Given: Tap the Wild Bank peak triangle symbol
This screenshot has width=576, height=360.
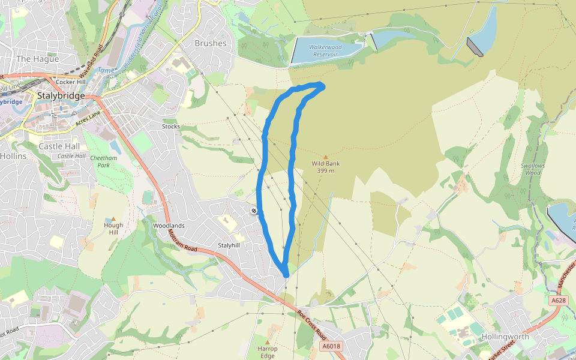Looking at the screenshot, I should coord(326,157).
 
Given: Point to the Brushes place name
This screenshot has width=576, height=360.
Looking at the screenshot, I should coord(211,43).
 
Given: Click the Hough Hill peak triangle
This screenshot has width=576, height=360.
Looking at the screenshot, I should coord(113,219).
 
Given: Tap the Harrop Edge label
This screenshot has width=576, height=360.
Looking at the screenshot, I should coord(268,352).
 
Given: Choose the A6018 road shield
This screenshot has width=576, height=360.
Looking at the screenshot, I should coord(331,346).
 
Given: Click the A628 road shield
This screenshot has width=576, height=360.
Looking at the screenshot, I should coord(557,300).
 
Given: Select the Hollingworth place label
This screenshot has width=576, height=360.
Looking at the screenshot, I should coord(505,337).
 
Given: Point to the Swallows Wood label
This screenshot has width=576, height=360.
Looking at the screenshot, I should coord(533,169).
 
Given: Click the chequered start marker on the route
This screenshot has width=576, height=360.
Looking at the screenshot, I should coord(254,211).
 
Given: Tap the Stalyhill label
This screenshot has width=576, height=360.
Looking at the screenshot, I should coord(229,245).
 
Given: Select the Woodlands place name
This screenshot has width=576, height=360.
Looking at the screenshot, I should coord(169,226).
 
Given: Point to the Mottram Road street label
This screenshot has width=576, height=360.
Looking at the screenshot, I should coord(183,239).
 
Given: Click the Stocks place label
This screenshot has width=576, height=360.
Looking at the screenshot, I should coord(171,127).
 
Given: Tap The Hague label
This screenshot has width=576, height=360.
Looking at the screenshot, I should coord(37,59).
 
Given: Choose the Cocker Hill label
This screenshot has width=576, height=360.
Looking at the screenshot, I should coord(71,82).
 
